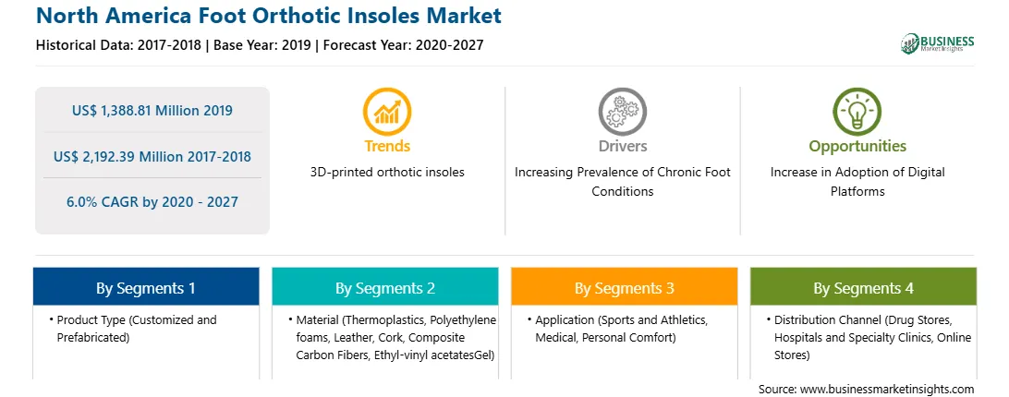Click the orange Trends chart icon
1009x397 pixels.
(387, 112)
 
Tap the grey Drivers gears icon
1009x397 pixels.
(622, 112)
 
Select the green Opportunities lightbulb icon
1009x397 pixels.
(857, 112)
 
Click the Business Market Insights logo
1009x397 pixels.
(938, 43)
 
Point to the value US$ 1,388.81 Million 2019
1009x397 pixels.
(152, 111)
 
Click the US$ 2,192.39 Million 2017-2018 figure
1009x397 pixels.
(152, 156)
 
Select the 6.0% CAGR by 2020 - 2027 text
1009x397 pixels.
(152, 202)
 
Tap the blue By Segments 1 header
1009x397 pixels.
(146, 287)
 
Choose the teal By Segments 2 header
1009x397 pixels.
(384, 287)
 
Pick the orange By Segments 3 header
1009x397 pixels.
(625, 287)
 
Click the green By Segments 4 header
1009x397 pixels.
(864, 287)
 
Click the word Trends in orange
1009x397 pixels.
(387, 146)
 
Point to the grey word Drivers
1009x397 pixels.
(623, 146)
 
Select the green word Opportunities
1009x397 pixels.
(857, 147)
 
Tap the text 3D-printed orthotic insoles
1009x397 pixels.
(387, 173)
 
